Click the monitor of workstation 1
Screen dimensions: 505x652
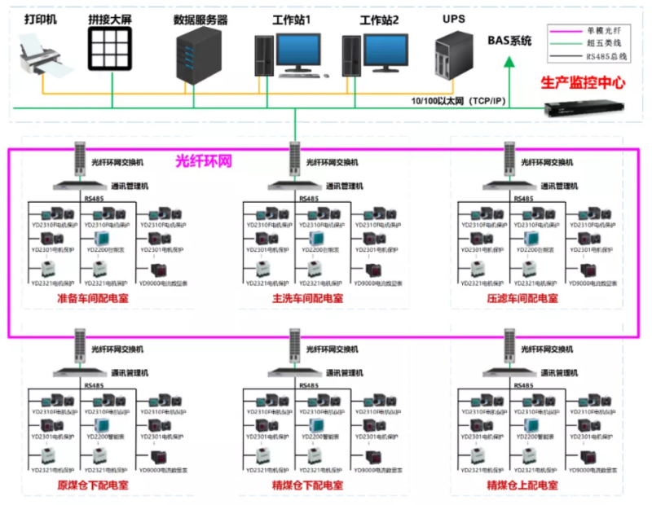click(303, 50)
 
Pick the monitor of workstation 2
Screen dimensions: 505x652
click(390, 50)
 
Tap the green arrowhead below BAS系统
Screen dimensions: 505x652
click(510, 59)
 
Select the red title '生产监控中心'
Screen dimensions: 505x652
click(583, 83)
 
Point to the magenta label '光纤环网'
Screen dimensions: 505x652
click(204, 160)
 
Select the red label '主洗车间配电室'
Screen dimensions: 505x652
click(307, 299)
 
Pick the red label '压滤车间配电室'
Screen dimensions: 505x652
click(522, 299)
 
